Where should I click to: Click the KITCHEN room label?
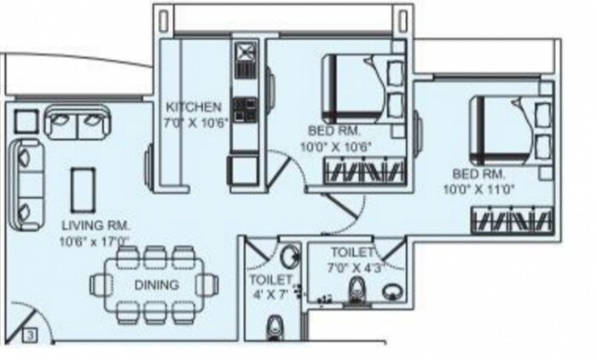point(194,107)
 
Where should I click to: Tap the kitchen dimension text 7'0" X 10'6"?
point(194,122)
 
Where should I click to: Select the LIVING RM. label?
point(95,224)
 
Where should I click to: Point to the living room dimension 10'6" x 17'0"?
point(95,241)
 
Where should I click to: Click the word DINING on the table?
point(155,285)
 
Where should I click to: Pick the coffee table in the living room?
point(83,189)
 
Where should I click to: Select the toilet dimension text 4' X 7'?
point(271,293)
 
